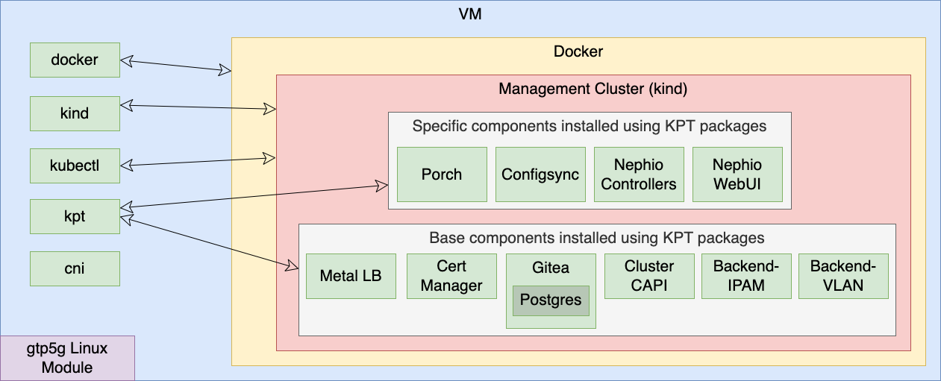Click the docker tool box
pyautogui.click(x=75, y=60)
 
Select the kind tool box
pyautogui.click(x=75, y=113)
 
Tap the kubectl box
pyautogui.click(x=75, y=166)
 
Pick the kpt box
pyautogui.click(x=75, y=216)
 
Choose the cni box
pyautogui.click(x=75, y=268)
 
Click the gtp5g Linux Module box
pyautogui.click(x=67, y=358)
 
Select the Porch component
pyautogui.click(x=442, y=174)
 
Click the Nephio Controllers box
pyautogui.click(x=639, y=174)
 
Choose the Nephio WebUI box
pyautogui.click(x=737, y=174)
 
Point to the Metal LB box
pyautogui.click(x=351, y=276)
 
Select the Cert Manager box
pyautogui.click(x=451, y=276)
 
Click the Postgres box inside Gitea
pyautogui.click(x=551, y=300)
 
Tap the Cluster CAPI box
pyautogui.click(x=649, y=276)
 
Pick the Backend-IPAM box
pyautogui.click(x=746, y=276)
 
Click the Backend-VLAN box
pyautogui.click(x=843, y=276)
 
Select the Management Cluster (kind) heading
pyautogui.click(x=593, y=89)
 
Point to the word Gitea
pyautogui.click(x=551, y=268)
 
